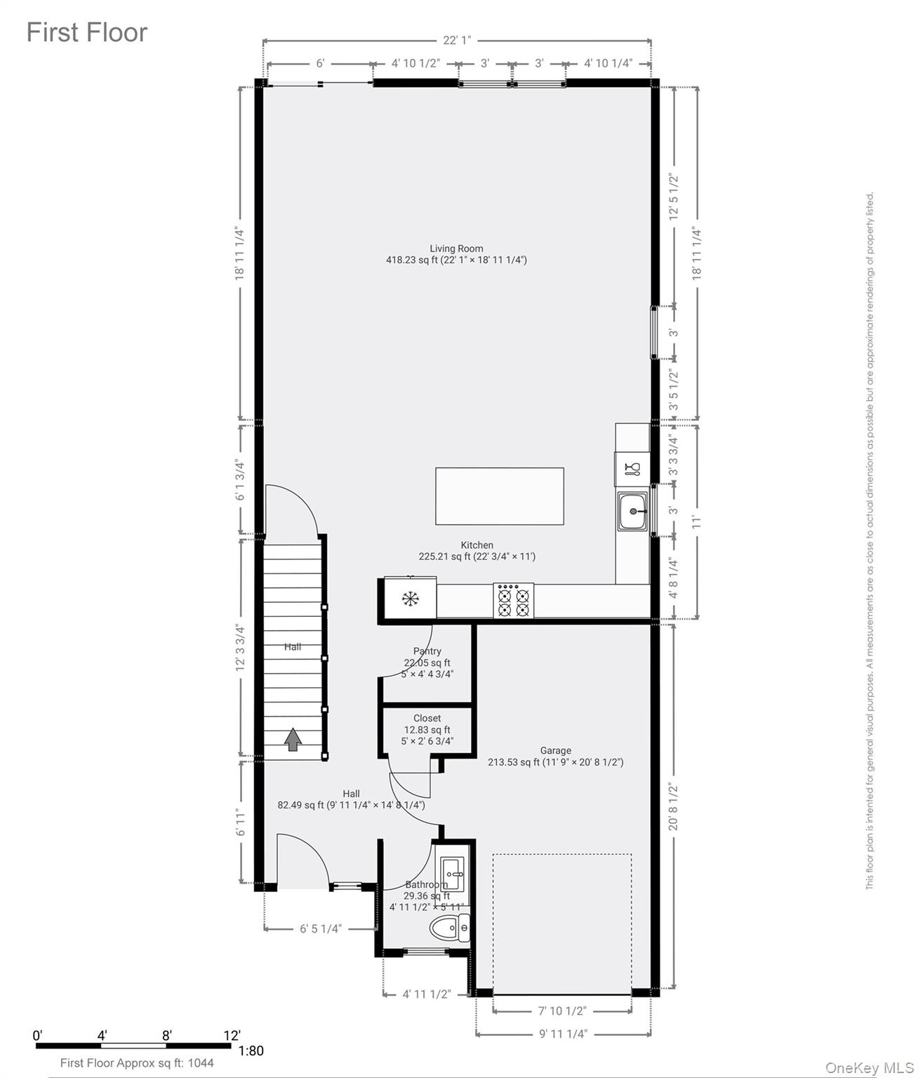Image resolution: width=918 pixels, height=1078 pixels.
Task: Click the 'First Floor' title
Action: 87,33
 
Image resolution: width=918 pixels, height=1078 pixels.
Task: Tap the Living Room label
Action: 456,248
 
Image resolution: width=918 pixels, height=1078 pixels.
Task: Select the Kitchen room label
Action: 477,545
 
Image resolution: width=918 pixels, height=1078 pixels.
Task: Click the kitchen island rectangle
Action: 499,496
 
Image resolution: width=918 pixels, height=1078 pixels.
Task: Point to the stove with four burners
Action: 513,601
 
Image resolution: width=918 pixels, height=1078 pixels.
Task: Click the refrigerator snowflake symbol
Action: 410,599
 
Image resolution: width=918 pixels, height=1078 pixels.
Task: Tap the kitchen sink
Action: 633,512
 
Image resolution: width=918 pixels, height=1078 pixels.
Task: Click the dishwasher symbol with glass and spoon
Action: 632,469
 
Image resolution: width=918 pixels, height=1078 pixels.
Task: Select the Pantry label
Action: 427,651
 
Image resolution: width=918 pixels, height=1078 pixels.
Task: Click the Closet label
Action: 427,718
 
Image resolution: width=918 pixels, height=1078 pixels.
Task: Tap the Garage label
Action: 555,750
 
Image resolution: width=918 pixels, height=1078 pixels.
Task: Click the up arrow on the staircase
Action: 293,740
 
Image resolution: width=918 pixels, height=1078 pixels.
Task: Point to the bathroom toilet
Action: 450,929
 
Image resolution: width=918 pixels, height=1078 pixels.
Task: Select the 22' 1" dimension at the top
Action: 457,41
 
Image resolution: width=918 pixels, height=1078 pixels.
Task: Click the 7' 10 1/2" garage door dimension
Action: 562,1011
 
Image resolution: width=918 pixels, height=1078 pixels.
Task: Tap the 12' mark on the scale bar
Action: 232,1035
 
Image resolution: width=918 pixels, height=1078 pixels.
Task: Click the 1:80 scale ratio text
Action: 251,1051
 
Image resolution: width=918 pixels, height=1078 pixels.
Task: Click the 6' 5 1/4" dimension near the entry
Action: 321,929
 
